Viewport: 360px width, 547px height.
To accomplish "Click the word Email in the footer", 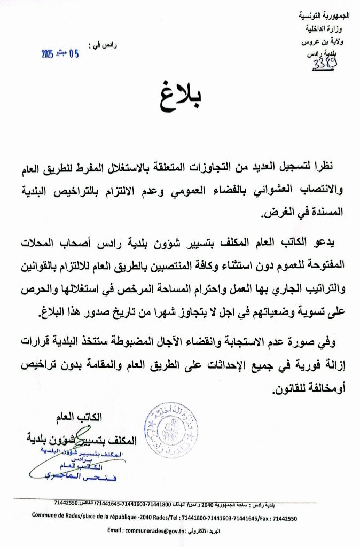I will [x=116, y=531].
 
